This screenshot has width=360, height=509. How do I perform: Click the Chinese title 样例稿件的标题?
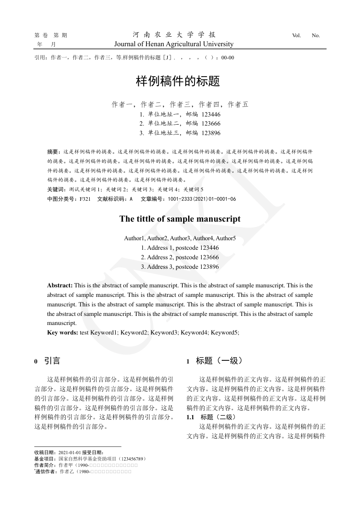178,82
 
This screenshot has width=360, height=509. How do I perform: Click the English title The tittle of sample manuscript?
180,219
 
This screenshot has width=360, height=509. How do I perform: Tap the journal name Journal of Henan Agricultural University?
174,44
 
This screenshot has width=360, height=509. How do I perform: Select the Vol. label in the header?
297,35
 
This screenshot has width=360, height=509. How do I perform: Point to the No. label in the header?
316,35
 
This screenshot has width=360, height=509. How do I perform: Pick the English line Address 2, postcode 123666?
180,257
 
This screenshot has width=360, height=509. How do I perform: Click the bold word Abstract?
60,286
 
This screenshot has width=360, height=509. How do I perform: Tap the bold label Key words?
63,333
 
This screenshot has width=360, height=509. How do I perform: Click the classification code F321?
85,199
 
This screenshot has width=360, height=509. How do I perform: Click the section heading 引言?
52,361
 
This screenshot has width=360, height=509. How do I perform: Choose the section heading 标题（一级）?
219,361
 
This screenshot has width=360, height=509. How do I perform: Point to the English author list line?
180,238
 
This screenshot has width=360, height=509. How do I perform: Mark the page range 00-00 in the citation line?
228,58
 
